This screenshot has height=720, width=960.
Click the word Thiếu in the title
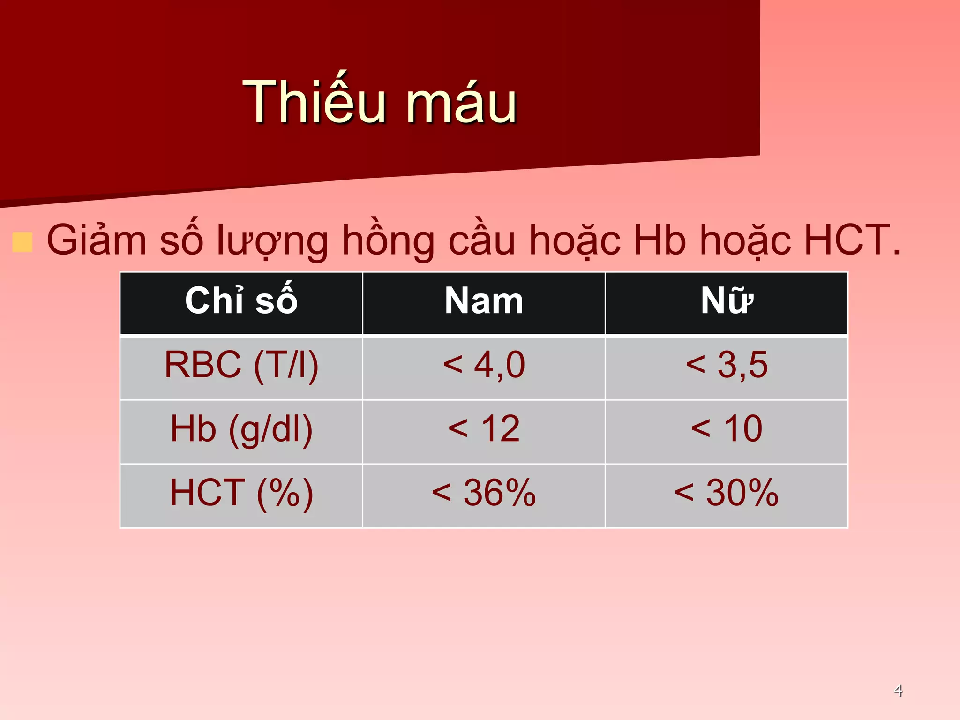pos(314,102)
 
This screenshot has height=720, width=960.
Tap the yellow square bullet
pos(22,242)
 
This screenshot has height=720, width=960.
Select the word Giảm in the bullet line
pos(97,240)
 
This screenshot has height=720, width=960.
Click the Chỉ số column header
pos(241,301)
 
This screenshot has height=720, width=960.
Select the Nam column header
pos(484,301)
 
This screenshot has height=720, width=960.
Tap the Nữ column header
pos(727,301)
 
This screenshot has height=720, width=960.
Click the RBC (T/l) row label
pos(241,365)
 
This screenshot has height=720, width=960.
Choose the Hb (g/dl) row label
pos(241,429)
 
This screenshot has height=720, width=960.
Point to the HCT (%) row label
pos(241,493)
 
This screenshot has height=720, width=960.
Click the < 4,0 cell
pos(484,365)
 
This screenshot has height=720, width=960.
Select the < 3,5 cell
pos(727,365)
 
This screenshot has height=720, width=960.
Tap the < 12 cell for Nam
pos(484,429)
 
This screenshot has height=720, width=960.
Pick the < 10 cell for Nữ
pos(727,429)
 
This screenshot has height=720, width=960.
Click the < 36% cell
pos(484,493)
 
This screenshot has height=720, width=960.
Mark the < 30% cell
pos(727,493)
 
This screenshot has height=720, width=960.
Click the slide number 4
pos(898,690)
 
